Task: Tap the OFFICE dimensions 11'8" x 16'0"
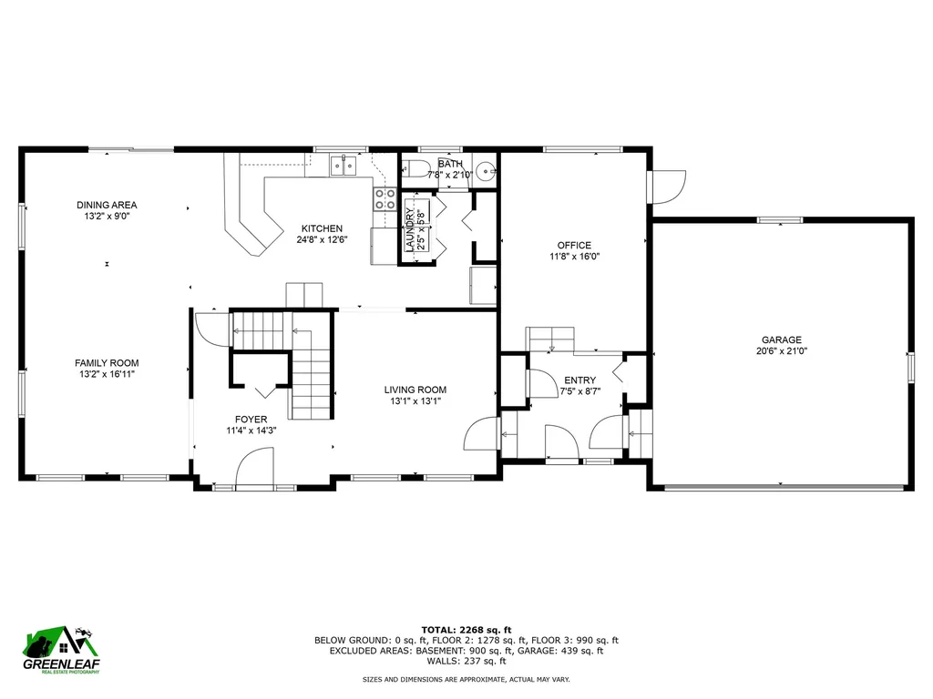(574, 257)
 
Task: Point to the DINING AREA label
(107, 205)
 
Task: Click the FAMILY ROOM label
(106, 363)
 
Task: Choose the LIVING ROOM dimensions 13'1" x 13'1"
(415, 400)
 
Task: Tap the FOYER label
(251, 420)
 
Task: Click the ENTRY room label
(579, 380)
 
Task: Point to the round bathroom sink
(488, 170)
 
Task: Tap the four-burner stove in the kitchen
(384, 199)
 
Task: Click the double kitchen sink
(343, 165)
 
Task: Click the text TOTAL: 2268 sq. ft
(466, 630)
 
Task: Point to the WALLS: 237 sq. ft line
(466, 661)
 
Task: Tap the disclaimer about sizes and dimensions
(466, 680)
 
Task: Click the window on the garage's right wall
(908, 367)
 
